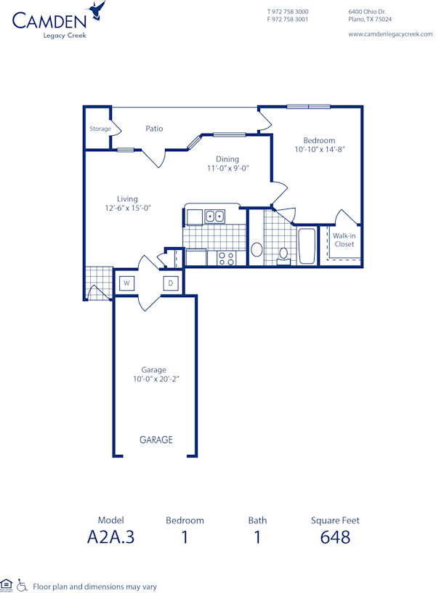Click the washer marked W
click(126, 283)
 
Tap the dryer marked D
click(171, 283)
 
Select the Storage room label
click(100, 129)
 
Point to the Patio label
click(154, 129)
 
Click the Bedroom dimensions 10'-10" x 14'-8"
click(320, 150)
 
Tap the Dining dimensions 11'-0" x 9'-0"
click(227, 168)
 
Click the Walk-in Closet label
click(344, 240)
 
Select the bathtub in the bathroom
click(307, 246)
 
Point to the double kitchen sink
click(214, 216)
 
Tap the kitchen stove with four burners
click(226, 257)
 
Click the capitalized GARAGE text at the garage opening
click(156, 440)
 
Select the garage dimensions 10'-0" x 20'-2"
click(154, 379)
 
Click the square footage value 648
click(335, 537)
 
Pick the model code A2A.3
click(111, 537)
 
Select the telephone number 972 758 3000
click(291, 12)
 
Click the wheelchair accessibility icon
click(22, 585)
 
